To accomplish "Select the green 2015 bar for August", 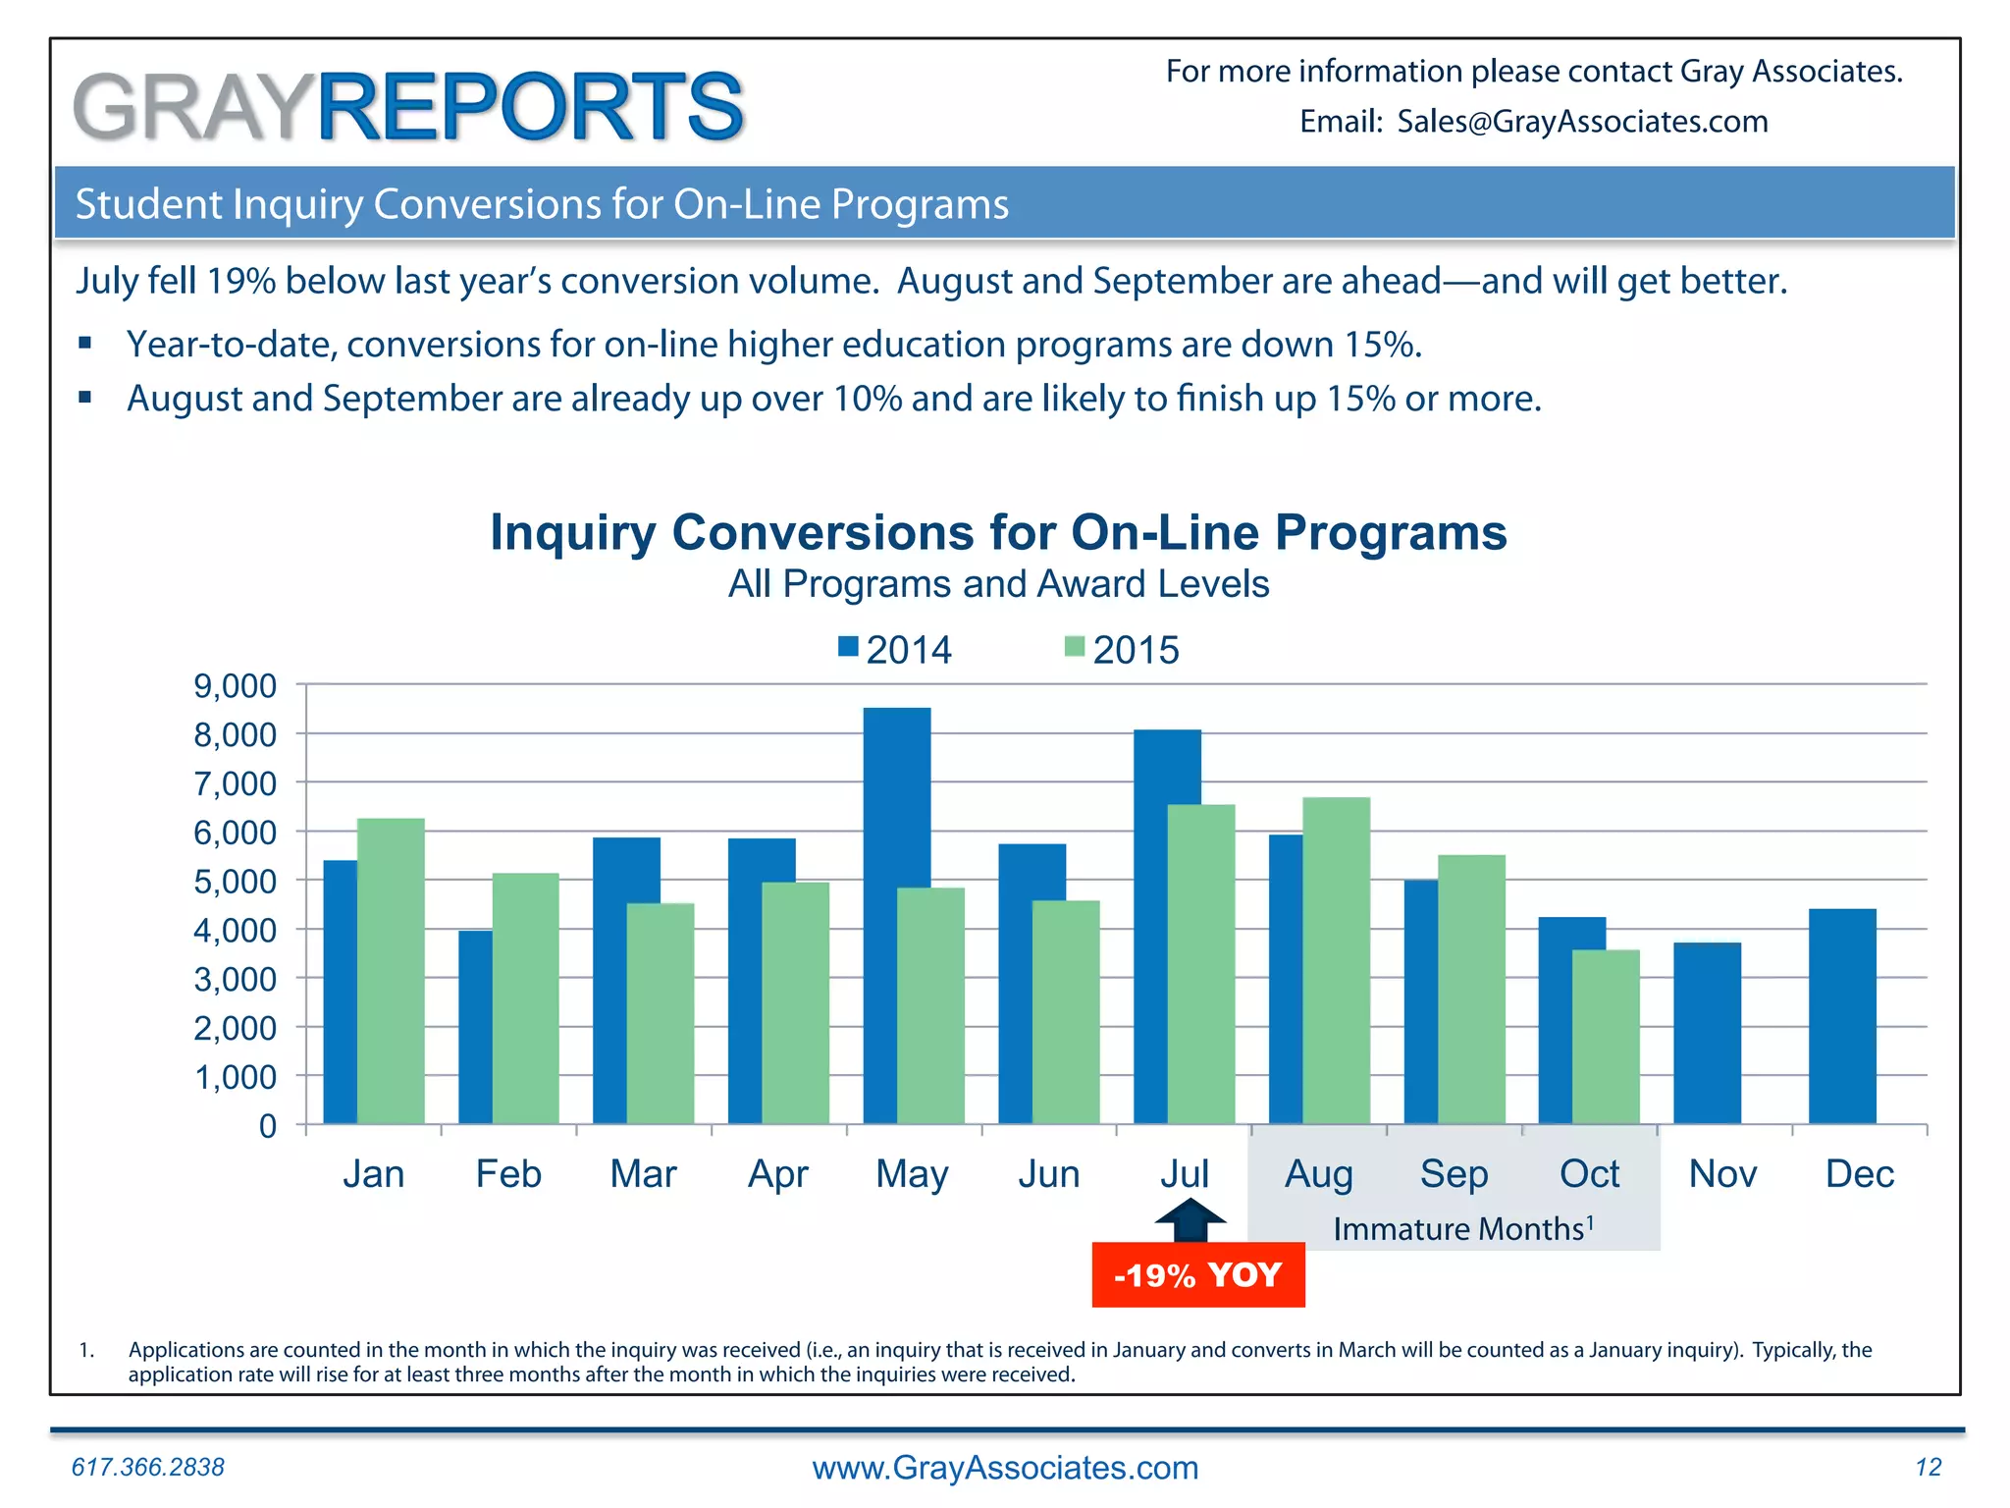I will point(1336,962).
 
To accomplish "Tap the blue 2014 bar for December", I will point(1842,1016).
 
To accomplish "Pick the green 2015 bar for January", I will point(391,972).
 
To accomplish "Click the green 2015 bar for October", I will point(1606,1037).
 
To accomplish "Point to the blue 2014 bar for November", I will point(1707,1033).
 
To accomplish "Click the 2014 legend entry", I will point(895,650).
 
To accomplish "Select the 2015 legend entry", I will point(1122,650).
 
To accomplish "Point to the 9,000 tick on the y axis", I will point(236,686).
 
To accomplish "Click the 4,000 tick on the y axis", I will point(236,930).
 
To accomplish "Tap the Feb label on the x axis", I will point(508,1174).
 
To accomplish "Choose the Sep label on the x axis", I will point(1454,1174).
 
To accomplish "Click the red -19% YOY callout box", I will point(1198,1274).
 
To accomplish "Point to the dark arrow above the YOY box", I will point(1190,1221).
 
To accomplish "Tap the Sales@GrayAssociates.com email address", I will point(1582,122).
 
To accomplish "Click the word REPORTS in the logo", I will point(530,107).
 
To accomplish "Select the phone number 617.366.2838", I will point(148,1467).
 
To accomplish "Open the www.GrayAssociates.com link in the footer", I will point(1005,1468).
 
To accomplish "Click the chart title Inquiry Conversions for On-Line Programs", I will point(998,533).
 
